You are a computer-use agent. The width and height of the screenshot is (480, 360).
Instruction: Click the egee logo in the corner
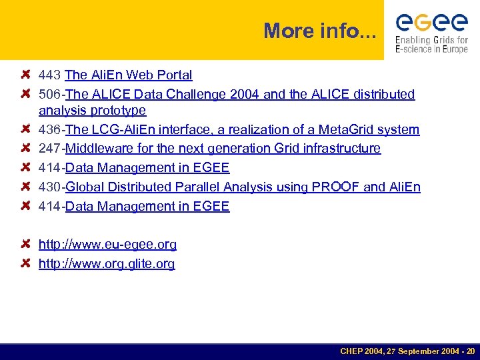[x=431, y=23]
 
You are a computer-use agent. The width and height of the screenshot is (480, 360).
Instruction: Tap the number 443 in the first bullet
[x=50, y=75]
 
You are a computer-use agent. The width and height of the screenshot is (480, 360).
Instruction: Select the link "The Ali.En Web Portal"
[x=129, y=75]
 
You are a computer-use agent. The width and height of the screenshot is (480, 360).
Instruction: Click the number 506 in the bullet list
[x=50, y=95]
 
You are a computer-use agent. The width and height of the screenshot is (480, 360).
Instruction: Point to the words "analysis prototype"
[x=92, y=110]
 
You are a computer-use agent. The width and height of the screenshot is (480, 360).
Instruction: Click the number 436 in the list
[x=50, y=129]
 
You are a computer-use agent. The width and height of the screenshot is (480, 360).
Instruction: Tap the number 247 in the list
[x=50, y=148]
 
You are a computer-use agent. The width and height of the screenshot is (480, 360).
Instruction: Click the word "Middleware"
[x=98, y=148]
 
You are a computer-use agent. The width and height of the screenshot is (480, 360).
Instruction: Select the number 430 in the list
[x=50, y=187]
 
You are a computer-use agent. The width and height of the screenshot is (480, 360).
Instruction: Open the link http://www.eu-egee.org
[x=107, y=245]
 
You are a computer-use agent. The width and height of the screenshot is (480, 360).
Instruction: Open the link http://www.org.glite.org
[x=107, y=264]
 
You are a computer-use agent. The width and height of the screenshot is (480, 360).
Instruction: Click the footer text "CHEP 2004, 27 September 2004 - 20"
[x=407, y=351]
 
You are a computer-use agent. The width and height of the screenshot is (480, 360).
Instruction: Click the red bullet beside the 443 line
[x=26, y=75]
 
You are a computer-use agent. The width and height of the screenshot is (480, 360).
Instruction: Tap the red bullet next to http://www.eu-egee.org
[x=26, y=245]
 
